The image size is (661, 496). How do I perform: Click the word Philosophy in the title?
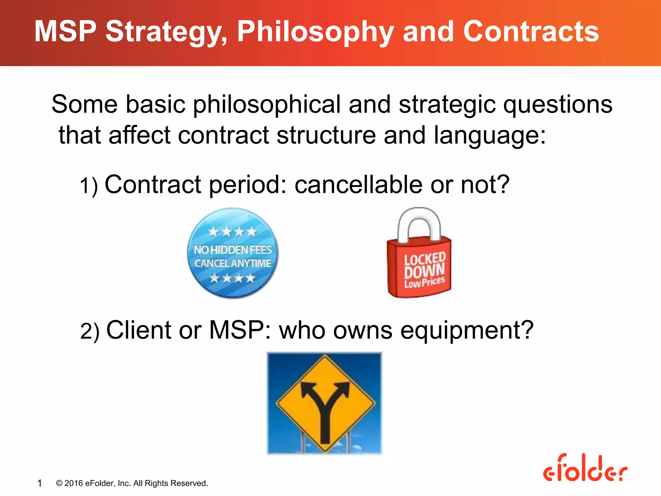[x=315, y=32]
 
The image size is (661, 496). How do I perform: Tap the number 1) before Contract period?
[x=88, y=186]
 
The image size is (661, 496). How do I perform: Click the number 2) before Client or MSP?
[x=89, y=332]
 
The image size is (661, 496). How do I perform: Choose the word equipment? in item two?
[x=467, y=330]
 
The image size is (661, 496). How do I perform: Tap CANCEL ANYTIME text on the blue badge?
[x=233, y=263]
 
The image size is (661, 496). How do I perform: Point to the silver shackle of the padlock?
[x=419, y=220]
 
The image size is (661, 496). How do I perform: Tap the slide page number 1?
[x=39, y=483]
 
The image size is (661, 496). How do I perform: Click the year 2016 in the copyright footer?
[x=74, y=483]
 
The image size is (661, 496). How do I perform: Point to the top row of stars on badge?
[x=232, y=232]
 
